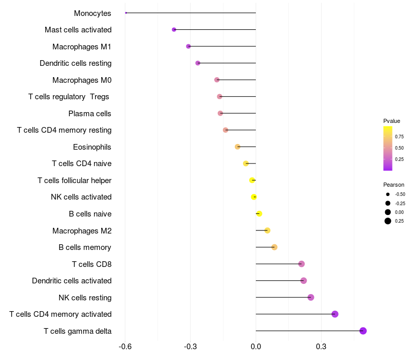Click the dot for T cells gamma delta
click(x=363, y=331)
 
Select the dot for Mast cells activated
click(x=174, y=30)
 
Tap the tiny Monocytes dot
click(x=126, y=13)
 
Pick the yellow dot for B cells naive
click(x=259, y=213)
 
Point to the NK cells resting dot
click(x=311, y=297)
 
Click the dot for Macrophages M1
click(x=189, y=46)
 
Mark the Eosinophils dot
click(x=237, y=147)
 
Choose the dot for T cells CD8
click(x=302, y=264)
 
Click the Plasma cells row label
click(x=90, y=113)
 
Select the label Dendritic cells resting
click(x=76, y=63)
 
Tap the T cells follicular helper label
click(x=74, y=180)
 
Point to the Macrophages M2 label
click(x=82, y=230)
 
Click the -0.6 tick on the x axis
click(x=125, y=347)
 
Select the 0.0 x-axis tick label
click(x=256, y=347)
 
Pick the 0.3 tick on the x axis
click(x=321, y=347)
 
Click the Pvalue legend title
click(x=391, y=121)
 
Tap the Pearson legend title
click(x=394, y=185)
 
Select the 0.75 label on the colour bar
click(x=399, y=136)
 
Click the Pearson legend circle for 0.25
click(x=388, y=221)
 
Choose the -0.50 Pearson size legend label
click(x=400, y=194)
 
